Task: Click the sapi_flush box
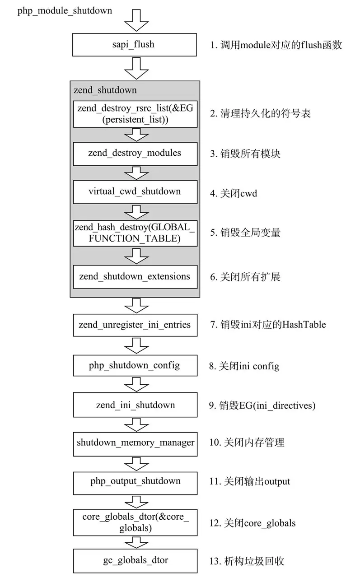[x=135, y=44]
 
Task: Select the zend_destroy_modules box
[x=135, y=153]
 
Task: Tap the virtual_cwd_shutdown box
[x=135, y=191]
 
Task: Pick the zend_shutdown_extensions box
[x=135, y=276]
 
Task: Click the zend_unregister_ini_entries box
[x=135, y=325]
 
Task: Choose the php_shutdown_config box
[x=135, y=365]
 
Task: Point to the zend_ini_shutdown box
[x=135, y=405]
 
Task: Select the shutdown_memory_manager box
[x=135, y=442]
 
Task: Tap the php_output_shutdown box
[x=135, y=481]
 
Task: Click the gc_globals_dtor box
[x=135, y=560]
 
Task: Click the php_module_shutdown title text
[x=65, y=10]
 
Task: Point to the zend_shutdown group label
[x=105, y=90]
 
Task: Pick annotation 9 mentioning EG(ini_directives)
[x=262, y=405]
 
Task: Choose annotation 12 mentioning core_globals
[x=252, y=523]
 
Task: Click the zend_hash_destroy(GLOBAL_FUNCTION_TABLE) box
[x=135, y=233]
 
